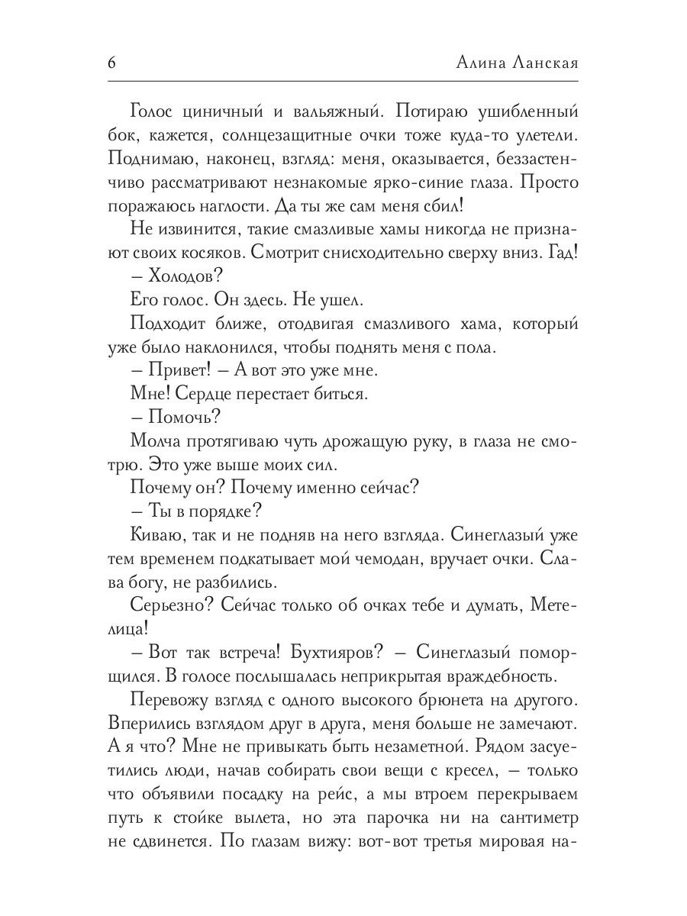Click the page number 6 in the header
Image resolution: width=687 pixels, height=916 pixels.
111,63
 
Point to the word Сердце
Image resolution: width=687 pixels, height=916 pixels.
198,393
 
